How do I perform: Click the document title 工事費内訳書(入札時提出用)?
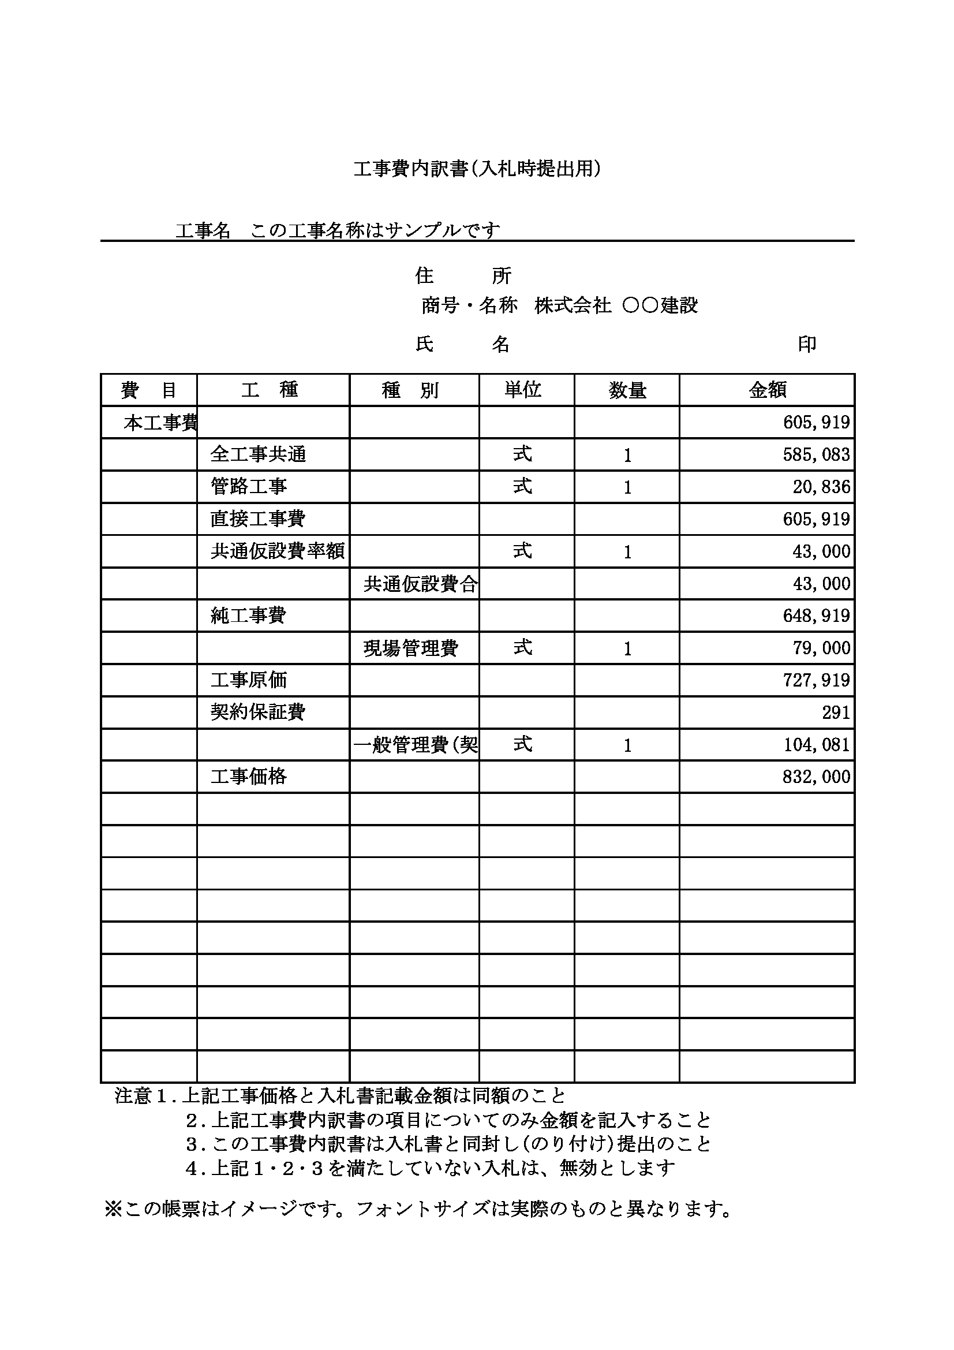(477, 169)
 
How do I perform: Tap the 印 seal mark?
(806, 344)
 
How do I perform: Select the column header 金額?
(767, 390)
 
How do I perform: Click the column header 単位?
(522, 390)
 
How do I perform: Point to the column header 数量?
(627, 390)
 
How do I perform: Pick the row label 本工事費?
(160, 423)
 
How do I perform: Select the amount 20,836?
(821, 487)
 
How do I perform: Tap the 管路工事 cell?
(249, 486)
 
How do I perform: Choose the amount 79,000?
(821, 648)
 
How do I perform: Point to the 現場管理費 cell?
(410, 648)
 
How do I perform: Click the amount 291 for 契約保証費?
(836, 713)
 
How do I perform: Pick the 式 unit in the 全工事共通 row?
(522, 454)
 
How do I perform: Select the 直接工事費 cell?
(257, 519)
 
